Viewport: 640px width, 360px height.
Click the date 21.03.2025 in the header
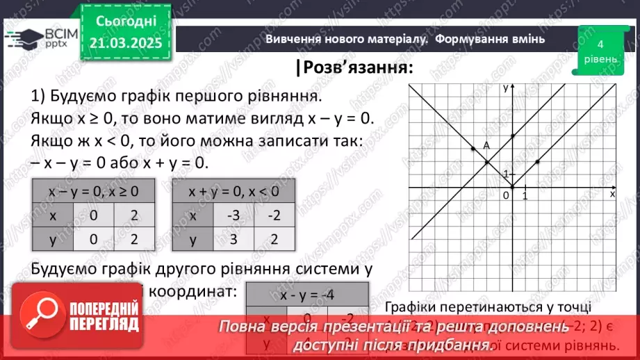coord(125,42)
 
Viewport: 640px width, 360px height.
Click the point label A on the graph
coord(486,145)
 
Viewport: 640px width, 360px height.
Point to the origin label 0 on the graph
coord(505,197)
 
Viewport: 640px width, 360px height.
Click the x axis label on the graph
coord(612,195)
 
